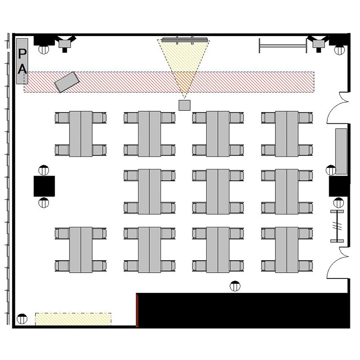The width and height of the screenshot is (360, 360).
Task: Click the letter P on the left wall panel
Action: coord(22,54)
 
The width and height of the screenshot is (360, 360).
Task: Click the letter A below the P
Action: coord(22,69)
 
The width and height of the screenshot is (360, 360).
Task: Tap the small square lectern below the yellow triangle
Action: coord(185,105)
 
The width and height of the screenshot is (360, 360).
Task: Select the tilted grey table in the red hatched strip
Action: coord(67,82)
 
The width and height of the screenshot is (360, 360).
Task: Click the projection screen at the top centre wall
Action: coord(185,40)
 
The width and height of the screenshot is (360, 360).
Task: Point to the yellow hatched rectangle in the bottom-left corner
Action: coord(73,319)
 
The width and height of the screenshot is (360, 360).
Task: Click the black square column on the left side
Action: coord(44,186)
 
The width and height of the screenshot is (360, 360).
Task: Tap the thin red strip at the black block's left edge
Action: coord(137,311)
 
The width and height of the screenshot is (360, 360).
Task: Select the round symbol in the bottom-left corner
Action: coord(22,319)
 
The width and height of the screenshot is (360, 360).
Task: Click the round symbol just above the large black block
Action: coord(235,286)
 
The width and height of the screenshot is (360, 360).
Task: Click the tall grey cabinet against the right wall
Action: coord(341,151)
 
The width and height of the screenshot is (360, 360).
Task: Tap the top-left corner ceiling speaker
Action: coord(65,43)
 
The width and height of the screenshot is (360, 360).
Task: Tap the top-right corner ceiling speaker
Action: coord(318,43)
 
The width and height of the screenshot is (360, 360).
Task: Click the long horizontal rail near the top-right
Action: coord(283,46)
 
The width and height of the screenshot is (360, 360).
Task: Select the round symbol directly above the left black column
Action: coord(44,170)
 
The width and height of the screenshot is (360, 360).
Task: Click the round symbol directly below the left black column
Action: coord(44,203)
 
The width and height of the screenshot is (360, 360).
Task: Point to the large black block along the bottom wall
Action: coord(243,310)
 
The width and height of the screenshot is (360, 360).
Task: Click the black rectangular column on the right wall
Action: coord(339,186)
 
